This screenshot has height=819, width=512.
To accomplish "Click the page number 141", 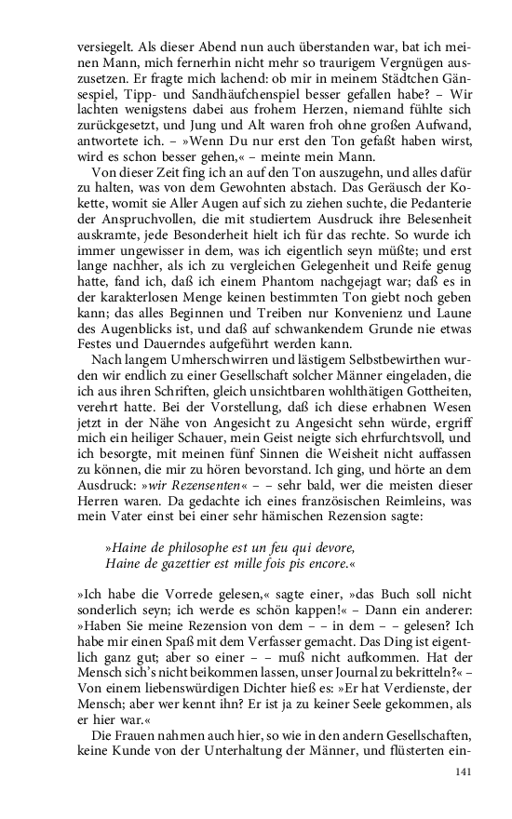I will (464, 772).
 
